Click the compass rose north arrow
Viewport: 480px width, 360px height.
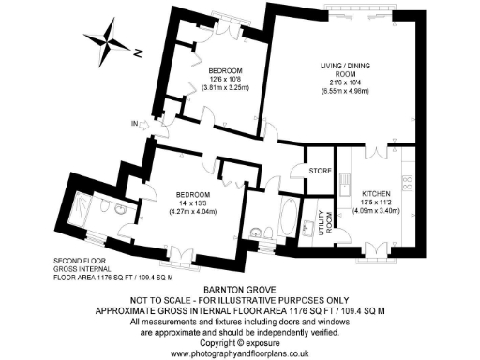coord(117,44)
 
